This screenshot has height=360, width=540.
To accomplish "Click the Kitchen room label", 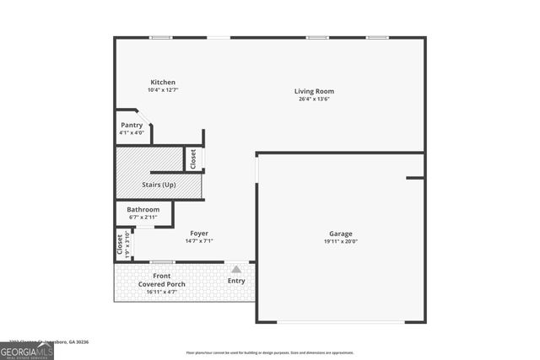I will point(163,83).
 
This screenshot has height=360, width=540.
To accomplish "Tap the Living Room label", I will point(314,91).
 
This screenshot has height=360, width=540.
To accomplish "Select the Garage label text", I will point(341,234).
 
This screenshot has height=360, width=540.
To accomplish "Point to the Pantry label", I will point(132,125).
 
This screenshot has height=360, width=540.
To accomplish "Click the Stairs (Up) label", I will point(159,184).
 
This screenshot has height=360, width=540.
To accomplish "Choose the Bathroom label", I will point(143,209).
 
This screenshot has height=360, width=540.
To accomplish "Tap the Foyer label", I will point(199,234).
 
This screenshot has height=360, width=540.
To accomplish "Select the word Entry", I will point(236,281).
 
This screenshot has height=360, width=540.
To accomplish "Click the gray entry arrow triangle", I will point(236,269).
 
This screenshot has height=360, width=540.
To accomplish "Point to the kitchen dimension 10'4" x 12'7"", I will point(163,90).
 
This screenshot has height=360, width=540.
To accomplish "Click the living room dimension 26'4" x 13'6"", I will point(314,99).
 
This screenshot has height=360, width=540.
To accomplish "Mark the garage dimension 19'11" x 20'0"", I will point(341,241).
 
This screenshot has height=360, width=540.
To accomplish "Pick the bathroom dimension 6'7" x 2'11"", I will point(143,217).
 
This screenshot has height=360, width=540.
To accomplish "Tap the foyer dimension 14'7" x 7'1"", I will point(199,241).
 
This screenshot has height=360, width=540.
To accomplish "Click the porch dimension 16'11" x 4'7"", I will point(162,292).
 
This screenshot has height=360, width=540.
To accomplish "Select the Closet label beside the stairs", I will point(193,159).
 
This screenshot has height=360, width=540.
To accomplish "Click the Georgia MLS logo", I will point(27,349).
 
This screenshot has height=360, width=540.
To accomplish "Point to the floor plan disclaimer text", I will point(270,352).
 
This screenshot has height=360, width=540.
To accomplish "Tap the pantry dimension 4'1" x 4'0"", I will point(132,132).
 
